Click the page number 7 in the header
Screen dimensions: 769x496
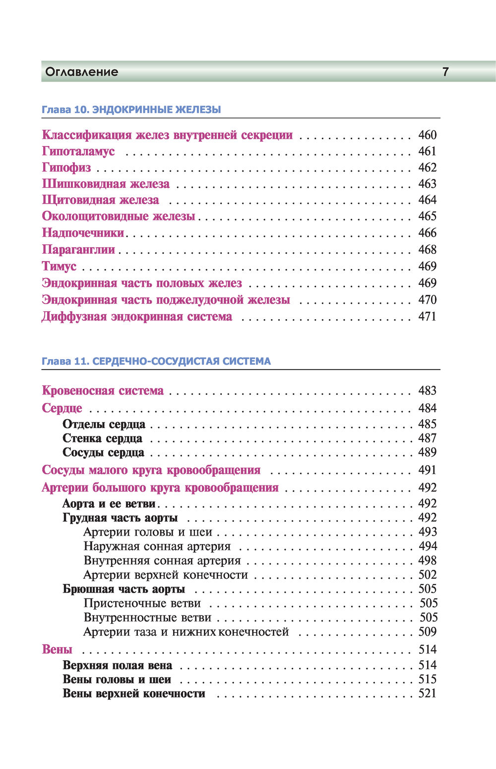point(445,72)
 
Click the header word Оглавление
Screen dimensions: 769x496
point(82,72)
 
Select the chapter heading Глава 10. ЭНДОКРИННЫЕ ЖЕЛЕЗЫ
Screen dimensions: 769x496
point(131,110)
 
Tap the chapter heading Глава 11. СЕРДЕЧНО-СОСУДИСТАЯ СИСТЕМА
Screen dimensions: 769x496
point(156,361)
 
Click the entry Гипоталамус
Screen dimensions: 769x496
point(78,151)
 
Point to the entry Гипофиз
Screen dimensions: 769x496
point(66,167)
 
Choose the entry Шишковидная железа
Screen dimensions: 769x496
point(106,184)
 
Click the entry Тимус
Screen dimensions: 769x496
point(59,266)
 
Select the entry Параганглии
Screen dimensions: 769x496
point(78,249)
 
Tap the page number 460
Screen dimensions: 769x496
point(427,135)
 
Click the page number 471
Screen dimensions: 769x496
point(427,316)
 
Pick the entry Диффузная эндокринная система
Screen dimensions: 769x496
point(137,316)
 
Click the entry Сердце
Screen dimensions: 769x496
point(62,408)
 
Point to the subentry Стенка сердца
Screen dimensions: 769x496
point(103,439)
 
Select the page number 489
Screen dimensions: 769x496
point(427,452)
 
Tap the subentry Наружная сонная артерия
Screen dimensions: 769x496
point(157,546)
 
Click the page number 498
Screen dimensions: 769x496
point(427,560)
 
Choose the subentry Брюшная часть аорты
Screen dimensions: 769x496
point(124,589)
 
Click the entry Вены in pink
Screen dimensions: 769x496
point(57,650)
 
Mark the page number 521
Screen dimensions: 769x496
point(427,693)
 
